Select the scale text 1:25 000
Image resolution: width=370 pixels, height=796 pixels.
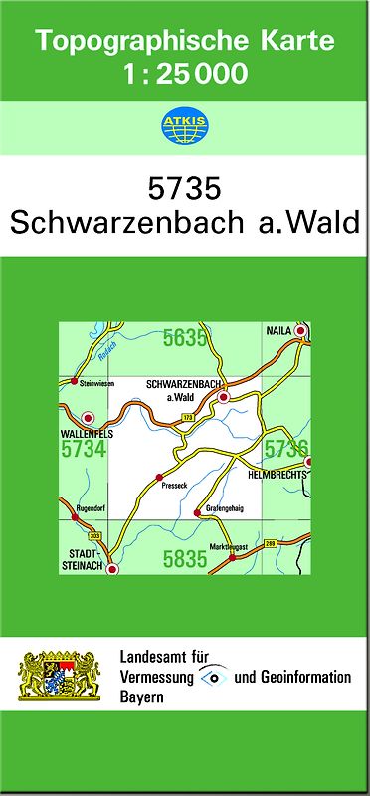[x=184, y=72]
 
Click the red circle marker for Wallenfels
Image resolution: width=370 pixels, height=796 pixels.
[x=88, y=418]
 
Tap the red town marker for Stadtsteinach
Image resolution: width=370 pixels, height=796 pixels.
[x=112, y=570]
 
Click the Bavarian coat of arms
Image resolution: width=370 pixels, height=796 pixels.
[x=61, y=677]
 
